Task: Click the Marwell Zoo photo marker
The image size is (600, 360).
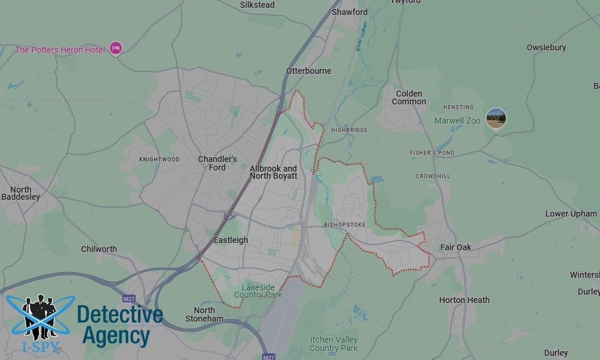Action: coord(496,118)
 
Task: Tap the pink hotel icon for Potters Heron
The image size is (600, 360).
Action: coord(116,49)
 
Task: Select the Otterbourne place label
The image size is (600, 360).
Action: coord(308,71)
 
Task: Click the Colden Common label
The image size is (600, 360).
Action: coord(409,98)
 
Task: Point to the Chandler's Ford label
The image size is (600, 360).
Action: coord(217,163)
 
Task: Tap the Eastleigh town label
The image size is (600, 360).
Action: coord(231,240)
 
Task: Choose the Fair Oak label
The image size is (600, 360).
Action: coord(456,247)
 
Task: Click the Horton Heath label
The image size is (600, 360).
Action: coord(464,300)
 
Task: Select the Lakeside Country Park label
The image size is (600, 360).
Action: coord(258,291)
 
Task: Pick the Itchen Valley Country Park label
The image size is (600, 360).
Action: coord(334,344)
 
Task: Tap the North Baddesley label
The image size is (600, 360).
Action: coord(20,193)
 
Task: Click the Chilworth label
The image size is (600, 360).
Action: coord(99,249)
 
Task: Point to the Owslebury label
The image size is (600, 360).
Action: coord(546,47)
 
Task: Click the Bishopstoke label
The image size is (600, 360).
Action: coord(344,225)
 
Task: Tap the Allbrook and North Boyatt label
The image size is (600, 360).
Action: coord(273,172)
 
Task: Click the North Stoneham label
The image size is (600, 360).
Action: coord(205,314)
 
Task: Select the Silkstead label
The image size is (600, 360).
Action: coord(257,5)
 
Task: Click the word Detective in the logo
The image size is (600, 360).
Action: coord(120,314)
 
